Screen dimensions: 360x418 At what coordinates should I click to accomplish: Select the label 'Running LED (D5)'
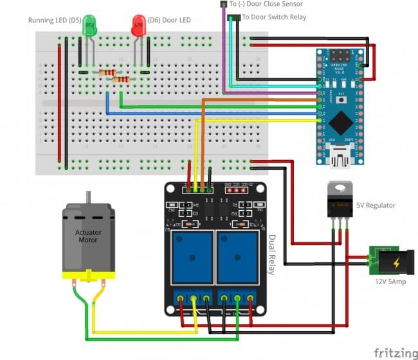[x=54, y=20]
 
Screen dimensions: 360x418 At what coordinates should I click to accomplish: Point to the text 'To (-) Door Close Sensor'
[x=266, y=4]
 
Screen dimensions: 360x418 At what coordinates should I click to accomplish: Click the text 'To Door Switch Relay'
[x=274, y=17]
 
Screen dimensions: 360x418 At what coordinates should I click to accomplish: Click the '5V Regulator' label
[x=376, y=206]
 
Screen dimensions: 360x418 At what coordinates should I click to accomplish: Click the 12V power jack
[x=388, y=262]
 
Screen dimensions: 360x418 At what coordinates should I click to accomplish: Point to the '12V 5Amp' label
[x=390, y=282]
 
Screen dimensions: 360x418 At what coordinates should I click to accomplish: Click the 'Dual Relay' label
[x=271, y=254]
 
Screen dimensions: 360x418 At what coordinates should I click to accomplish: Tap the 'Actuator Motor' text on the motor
[x=88, y=237]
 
